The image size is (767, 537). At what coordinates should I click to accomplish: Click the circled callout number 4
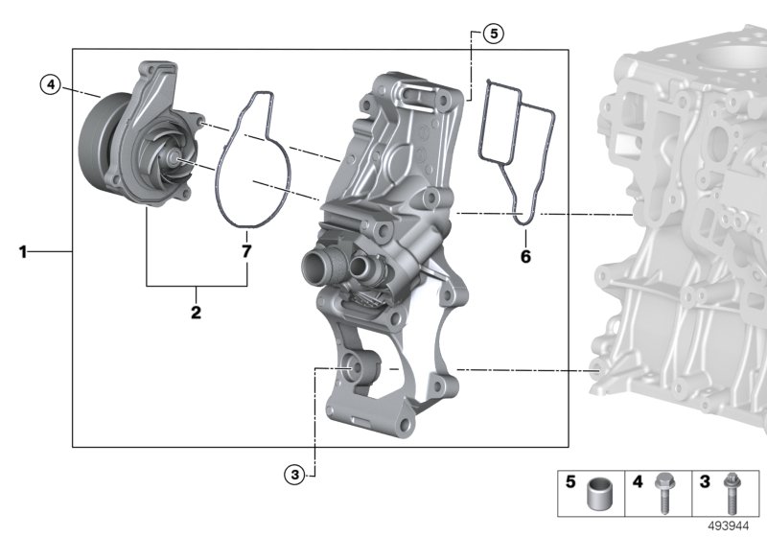tap(51, 85)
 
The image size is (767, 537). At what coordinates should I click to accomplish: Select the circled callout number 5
tap(493, 34)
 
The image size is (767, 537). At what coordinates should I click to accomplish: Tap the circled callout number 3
tap(294, 474)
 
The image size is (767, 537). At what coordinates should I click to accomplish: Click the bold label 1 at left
tap(22, 252)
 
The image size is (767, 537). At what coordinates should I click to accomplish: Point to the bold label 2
tap(196, 312)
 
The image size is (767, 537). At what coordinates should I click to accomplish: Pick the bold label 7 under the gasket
tap(246, 251)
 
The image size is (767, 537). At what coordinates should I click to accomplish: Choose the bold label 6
tap(525, 256)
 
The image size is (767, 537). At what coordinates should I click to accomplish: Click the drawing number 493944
tap(729, 526)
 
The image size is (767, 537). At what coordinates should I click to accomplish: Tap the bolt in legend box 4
tap(663, 493)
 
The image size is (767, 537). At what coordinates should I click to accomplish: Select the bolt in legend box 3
tap(732, 493)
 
